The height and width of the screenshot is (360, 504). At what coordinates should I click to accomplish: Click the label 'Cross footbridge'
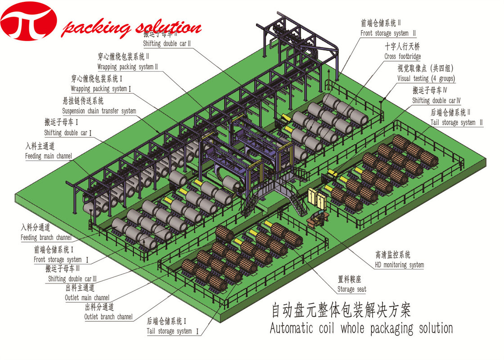tap(402, 57)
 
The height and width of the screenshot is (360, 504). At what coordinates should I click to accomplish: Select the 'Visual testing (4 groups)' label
tap(426, 79)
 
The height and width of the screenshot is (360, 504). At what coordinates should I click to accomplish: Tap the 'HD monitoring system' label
tap(399, 265)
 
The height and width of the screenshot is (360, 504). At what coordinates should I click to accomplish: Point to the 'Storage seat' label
tap(351, 289)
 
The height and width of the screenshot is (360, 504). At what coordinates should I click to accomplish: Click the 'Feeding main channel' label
tap(48, 157)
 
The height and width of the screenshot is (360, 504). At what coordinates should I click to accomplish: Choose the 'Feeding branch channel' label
tap(46, 237)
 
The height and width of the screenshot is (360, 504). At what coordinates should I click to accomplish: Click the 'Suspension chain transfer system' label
tap(99, 111)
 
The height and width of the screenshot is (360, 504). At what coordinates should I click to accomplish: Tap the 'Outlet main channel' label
tap(87, 297)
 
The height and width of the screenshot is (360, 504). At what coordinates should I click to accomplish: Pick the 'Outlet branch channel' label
tap(108, 317)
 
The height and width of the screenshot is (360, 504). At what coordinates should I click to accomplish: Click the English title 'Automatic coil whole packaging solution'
tap(361, 328)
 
